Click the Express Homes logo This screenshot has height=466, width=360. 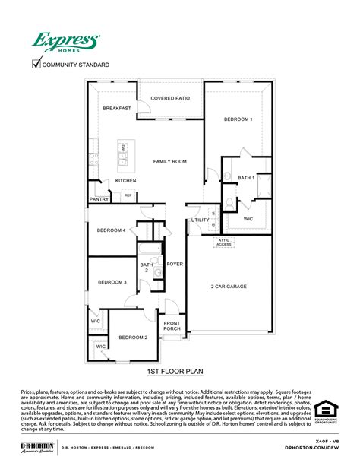coord(65,41)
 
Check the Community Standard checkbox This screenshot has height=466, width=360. coord(36,64)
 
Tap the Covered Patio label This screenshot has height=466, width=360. coord(170,98)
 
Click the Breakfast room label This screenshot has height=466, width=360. coord(117,109)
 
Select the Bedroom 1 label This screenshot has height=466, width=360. coord(238,119)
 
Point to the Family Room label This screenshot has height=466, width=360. coord(170,161)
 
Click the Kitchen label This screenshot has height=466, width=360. coord(125,180)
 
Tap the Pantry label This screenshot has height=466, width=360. coord(99,198)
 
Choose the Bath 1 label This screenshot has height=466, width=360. coord(245,177)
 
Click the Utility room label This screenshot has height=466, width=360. coord(200,220)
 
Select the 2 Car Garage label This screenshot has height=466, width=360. coord(229,287)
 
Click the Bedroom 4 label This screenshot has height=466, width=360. coord(112,230)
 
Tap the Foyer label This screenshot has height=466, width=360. coord(175,264)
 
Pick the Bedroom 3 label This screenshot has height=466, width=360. coord(112,282)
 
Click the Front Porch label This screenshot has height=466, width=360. coord(172,326)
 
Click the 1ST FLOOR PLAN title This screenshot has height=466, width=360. coord(175,372)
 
